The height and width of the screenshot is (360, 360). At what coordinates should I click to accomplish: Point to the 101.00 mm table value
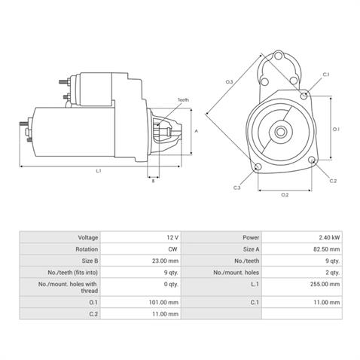(x=163, y=302)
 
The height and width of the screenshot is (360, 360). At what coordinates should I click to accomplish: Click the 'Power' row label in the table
(x=252, y=236)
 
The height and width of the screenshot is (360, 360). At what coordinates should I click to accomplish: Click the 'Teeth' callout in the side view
(x=183, y=100)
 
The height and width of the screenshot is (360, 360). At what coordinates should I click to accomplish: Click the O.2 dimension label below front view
(x=285, y=195)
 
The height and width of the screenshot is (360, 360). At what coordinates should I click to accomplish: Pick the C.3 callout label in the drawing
(x=237, y=188)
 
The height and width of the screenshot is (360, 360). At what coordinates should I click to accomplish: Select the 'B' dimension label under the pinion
(x=154, y=181)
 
